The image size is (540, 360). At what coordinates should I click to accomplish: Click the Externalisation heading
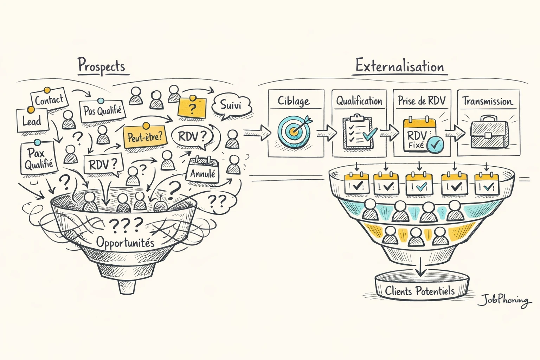[400, 66]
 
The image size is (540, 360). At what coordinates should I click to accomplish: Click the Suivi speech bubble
[231, 105]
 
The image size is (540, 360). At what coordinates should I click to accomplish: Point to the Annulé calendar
[203, 171]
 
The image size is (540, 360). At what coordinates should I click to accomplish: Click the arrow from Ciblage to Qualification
[327, 133]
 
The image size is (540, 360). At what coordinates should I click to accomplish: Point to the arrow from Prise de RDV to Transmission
[455, 133]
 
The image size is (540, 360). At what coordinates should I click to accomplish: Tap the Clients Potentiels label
[420, 291]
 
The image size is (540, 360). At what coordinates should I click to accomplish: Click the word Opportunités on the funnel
[126, 242]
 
